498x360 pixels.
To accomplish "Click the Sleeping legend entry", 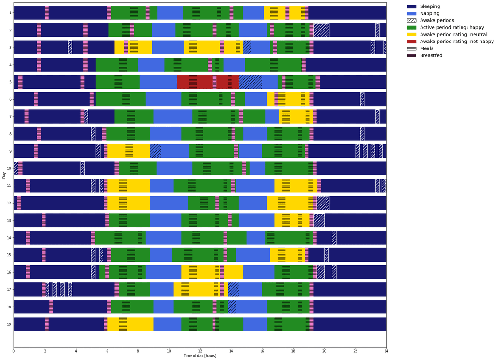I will point(423,6).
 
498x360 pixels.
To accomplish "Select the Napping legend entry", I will point(423,13).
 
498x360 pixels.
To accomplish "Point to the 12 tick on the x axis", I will point(200,352).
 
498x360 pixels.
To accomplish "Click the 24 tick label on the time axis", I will point(386,352).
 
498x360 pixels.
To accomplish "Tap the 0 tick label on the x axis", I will point(14,352).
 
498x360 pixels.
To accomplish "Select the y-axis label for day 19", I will point(9,324).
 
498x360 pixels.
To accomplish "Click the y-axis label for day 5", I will point(10,82).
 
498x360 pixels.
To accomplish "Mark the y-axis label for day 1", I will point(10,13).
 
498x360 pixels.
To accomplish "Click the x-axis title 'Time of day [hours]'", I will point(200,356).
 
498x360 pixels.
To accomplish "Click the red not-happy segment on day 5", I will point(207,82).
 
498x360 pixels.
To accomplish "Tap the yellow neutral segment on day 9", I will point(129,151).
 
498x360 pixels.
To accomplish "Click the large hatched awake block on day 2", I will point(321,30).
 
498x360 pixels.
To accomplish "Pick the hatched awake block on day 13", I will point(319,220).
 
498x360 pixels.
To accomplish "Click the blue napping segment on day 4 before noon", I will point(151,65).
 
